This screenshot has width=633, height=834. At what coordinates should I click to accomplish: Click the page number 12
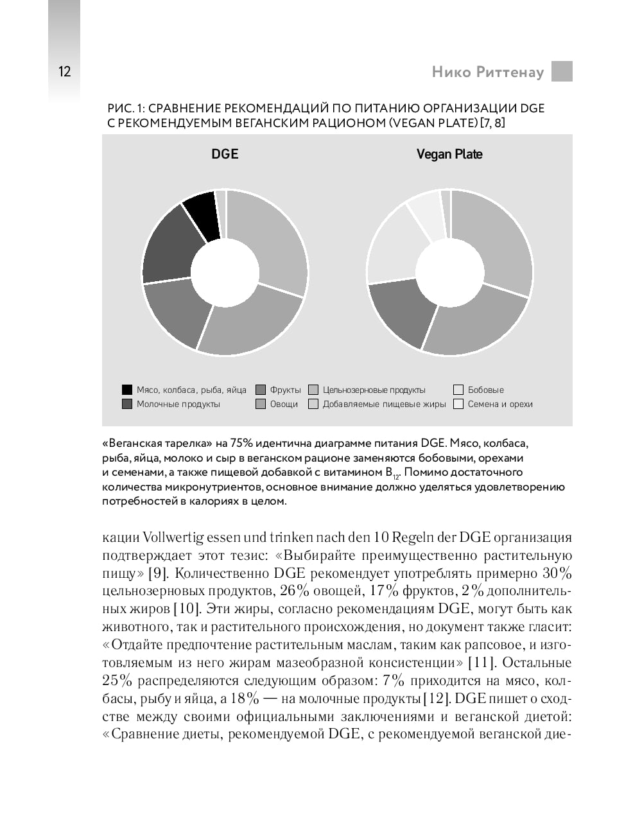click(64, 71)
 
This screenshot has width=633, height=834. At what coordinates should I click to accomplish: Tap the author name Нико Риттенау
click(487, 72)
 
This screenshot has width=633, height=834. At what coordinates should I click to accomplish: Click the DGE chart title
click(225, 154)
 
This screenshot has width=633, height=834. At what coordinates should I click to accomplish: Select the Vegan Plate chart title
click(449, 154)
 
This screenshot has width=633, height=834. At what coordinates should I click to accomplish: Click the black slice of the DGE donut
click(200, 214)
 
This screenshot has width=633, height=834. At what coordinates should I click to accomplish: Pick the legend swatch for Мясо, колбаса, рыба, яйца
click(127, 390)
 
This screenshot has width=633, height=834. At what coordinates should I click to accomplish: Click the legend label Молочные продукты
click(178, 404)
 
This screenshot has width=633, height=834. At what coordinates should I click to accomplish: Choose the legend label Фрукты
click(285, 390)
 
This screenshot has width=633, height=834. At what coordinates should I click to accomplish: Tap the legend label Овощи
click(284, 404)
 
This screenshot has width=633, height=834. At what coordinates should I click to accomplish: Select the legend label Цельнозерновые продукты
click(374, 390)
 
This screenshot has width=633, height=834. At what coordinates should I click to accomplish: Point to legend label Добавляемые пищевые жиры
click(384, 404)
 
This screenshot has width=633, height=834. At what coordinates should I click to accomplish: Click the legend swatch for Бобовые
click(458, 390)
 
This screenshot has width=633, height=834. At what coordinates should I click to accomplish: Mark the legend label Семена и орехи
click(500, 404)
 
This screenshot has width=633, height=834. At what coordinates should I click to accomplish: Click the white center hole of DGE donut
click(225, 272)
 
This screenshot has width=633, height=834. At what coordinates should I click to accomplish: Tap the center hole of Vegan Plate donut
click(449, 272)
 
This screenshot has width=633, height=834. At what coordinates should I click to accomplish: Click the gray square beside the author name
click(562, 71)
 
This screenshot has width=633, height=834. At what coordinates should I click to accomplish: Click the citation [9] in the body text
click(158, 573)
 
